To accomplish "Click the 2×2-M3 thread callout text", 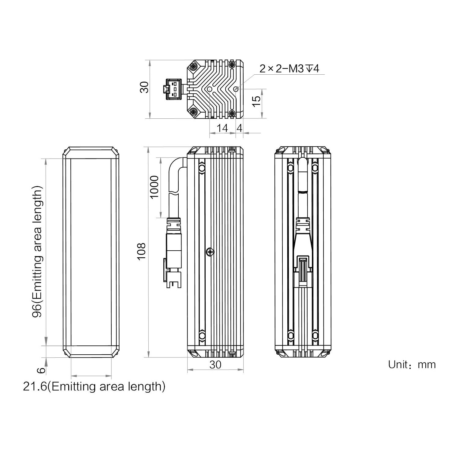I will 289,69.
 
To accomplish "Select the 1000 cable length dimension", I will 155,187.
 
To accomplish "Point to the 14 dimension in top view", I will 222,128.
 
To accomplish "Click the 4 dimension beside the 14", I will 240,128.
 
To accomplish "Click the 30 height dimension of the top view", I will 144,87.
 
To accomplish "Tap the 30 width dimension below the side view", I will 215,364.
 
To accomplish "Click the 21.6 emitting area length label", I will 94,386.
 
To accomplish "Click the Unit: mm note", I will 412,364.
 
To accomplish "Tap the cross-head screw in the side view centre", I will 210,252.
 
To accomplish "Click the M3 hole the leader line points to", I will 236,89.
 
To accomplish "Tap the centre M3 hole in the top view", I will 209,89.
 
